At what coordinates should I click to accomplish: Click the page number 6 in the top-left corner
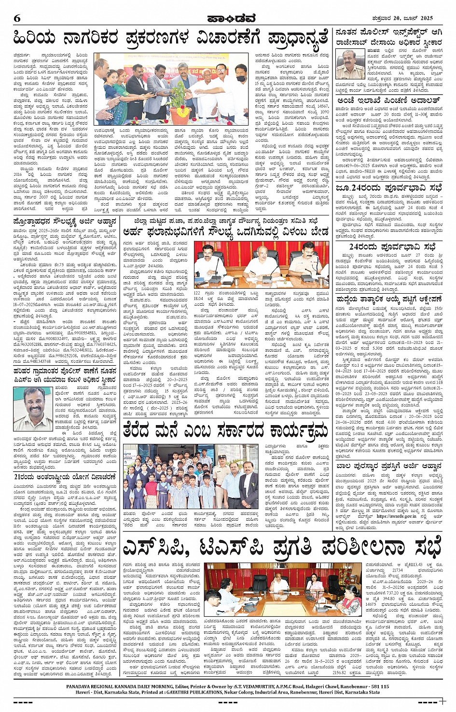pos(17,18)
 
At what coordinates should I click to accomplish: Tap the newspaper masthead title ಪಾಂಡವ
pos(227,18)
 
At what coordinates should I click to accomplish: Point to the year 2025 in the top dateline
pos(425,18)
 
